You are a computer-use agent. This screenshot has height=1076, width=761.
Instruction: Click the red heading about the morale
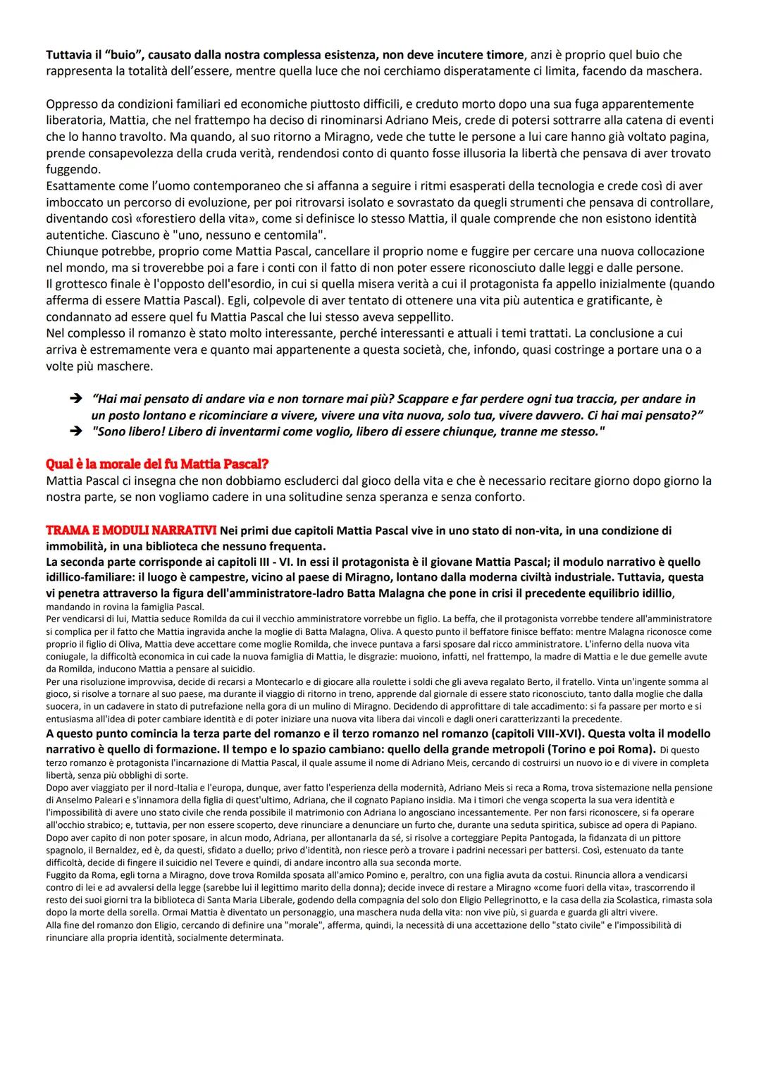click(156, 464)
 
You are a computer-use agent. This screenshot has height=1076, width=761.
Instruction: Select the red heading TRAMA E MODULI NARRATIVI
click(131, 530)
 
